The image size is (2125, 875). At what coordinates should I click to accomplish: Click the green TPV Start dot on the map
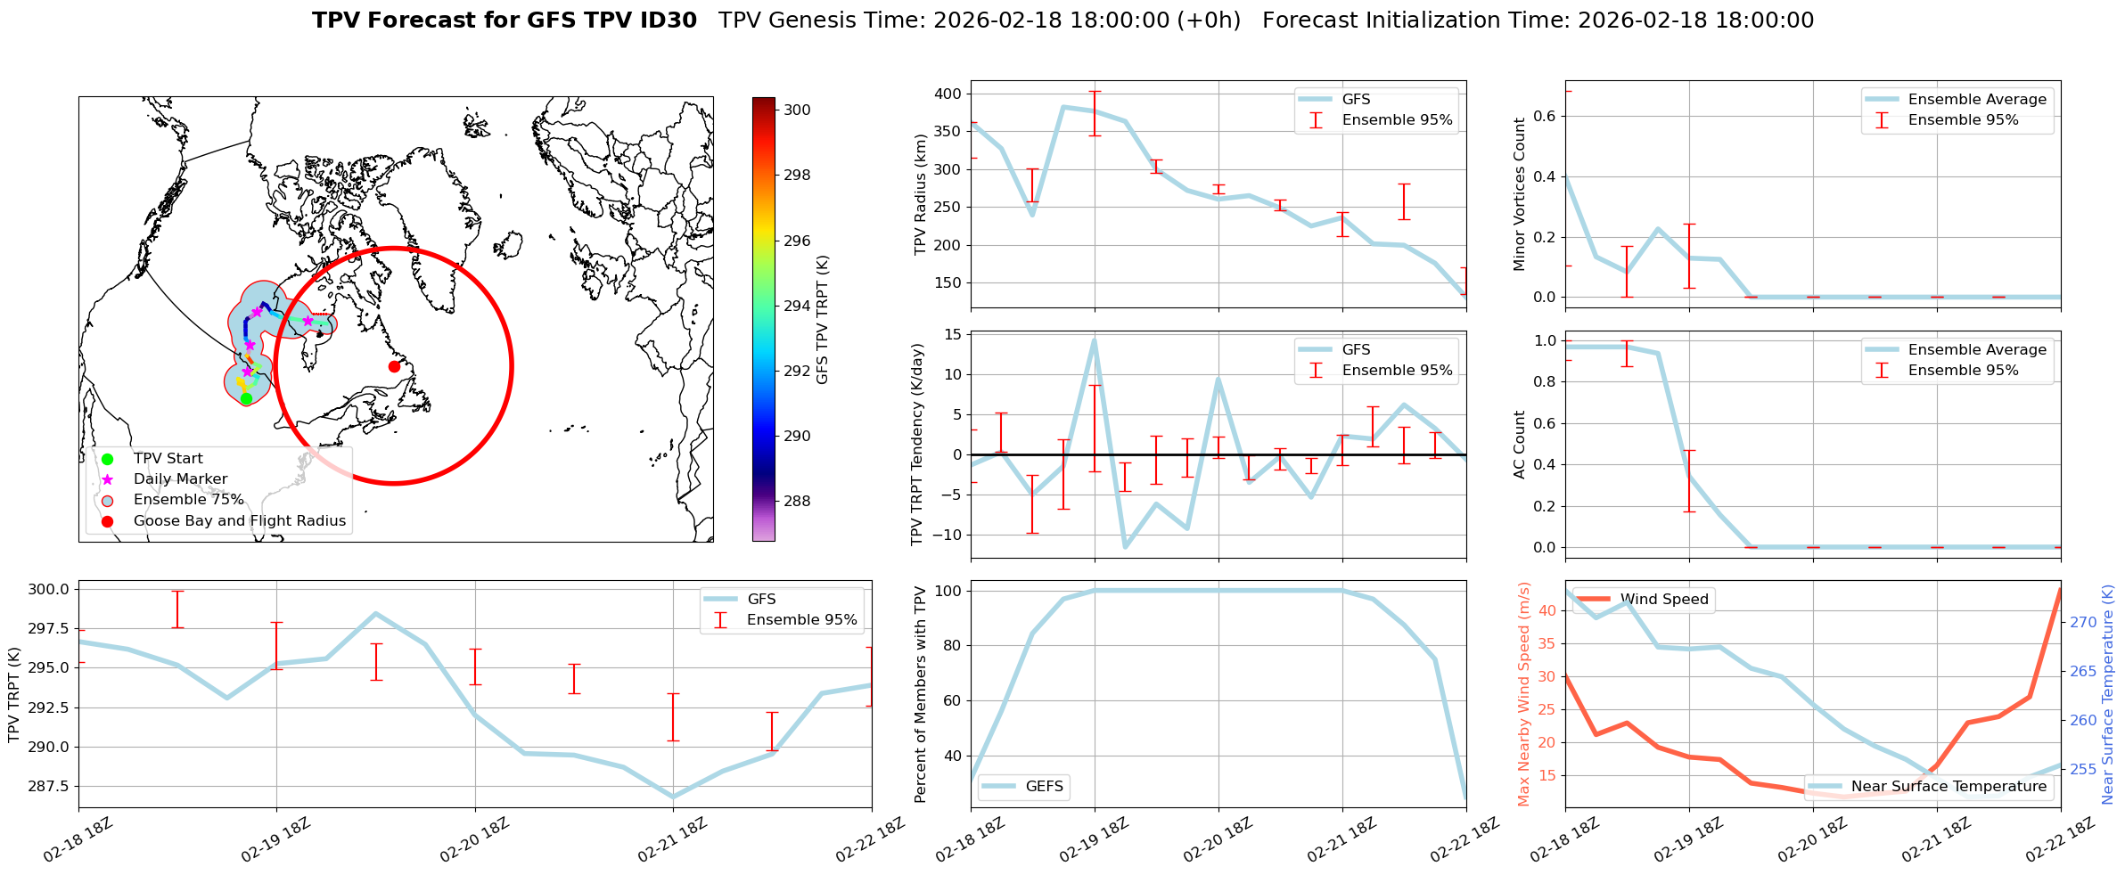[246, 398]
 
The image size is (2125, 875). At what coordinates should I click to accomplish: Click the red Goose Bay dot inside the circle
[394, 366]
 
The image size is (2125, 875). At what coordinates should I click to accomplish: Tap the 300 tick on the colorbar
[797, 110]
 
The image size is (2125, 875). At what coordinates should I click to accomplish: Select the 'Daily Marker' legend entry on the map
[180, 479]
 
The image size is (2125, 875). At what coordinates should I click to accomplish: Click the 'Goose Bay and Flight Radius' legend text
[239, 521]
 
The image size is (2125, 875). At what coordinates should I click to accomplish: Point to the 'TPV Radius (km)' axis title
[921, 194]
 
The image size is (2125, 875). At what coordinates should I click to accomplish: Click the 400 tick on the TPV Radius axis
[948, 94]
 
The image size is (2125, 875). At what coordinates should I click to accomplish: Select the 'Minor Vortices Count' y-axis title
[1520, 194]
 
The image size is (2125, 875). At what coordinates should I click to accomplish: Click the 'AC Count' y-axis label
[1520, 445]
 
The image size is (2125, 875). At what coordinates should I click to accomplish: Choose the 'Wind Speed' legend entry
[1663, 600]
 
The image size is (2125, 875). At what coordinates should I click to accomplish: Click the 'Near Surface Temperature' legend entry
[1948, 787]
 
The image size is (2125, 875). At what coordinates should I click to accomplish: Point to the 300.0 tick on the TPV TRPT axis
[49, 589]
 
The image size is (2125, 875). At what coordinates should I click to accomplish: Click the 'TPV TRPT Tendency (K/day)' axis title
[917, 445]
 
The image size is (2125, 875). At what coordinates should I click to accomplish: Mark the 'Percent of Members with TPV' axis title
[921, 694]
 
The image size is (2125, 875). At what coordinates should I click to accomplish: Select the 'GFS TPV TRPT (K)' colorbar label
[822, 319]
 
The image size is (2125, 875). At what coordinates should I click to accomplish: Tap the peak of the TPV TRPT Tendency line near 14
[1094, 339]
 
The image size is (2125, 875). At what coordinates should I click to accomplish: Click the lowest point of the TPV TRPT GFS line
[673, 797]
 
